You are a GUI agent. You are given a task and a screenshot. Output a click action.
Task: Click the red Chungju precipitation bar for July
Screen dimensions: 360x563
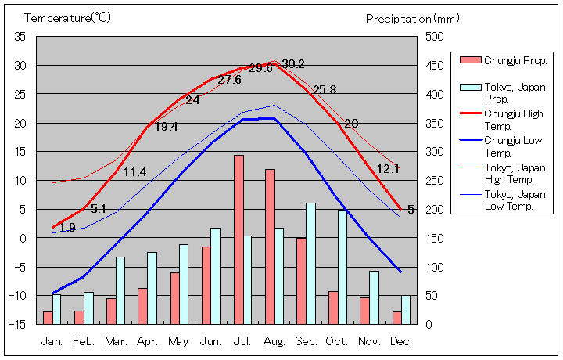click(238, 239)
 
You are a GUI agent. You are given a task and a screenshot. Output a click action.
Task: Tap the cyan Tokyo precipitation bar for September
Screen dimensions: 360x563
click(310, 263)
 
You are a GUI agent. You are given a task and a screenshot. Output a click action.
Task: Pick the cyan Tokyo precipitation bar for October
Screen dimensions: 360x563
click(342, 266)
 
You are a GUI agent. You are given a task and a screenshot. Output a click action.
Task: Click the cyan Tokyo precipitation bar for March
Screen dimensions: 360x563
click(120, 290)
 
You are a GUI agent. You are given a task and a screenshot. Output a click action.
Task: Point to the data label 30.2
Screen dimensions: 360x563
click(293, 64)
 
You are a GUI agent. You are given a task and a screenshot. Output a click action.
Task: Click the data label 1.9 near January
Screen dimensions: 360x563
click(67, 228)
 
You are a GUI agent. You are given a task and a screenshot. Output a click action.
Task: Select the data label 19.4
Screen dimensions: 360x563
click(166, 127)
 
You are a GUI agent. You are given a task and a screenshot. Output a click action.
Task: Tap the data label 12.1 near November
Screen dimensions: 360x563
click(388, 168)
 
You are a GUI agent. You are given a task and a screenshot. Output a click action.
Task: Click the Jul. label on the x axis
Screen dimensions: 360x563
click(243, 341)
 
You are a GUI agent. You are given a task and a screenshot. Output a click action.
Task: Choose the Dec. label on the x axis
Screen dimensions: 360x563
click(401, 341)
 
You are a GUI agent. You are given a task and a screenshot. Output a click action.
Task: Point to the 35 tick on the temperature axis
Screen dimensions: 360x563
click(20, 37)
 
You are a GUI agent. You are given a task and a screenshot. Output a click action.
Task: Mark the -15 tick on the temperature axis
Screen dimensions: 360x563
click(18, 324)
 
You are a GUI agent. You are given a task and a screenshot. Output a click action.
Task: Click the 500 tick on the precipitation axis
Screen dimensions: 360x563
click(435, 37)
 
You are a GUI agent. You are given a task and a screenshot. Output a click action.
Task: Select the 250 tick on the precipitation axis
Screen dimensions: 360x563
click(435, 180)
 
